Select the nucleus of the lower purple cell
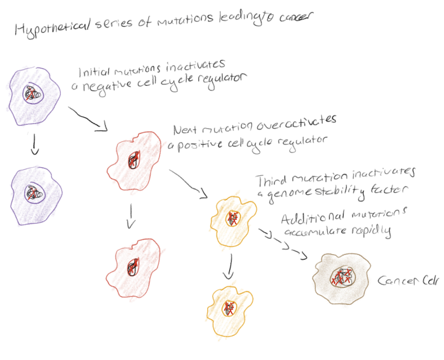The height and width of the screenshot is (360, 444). tap(33, 192)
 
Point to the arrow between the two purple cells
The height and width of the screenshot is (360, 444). tap(33, 145)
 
